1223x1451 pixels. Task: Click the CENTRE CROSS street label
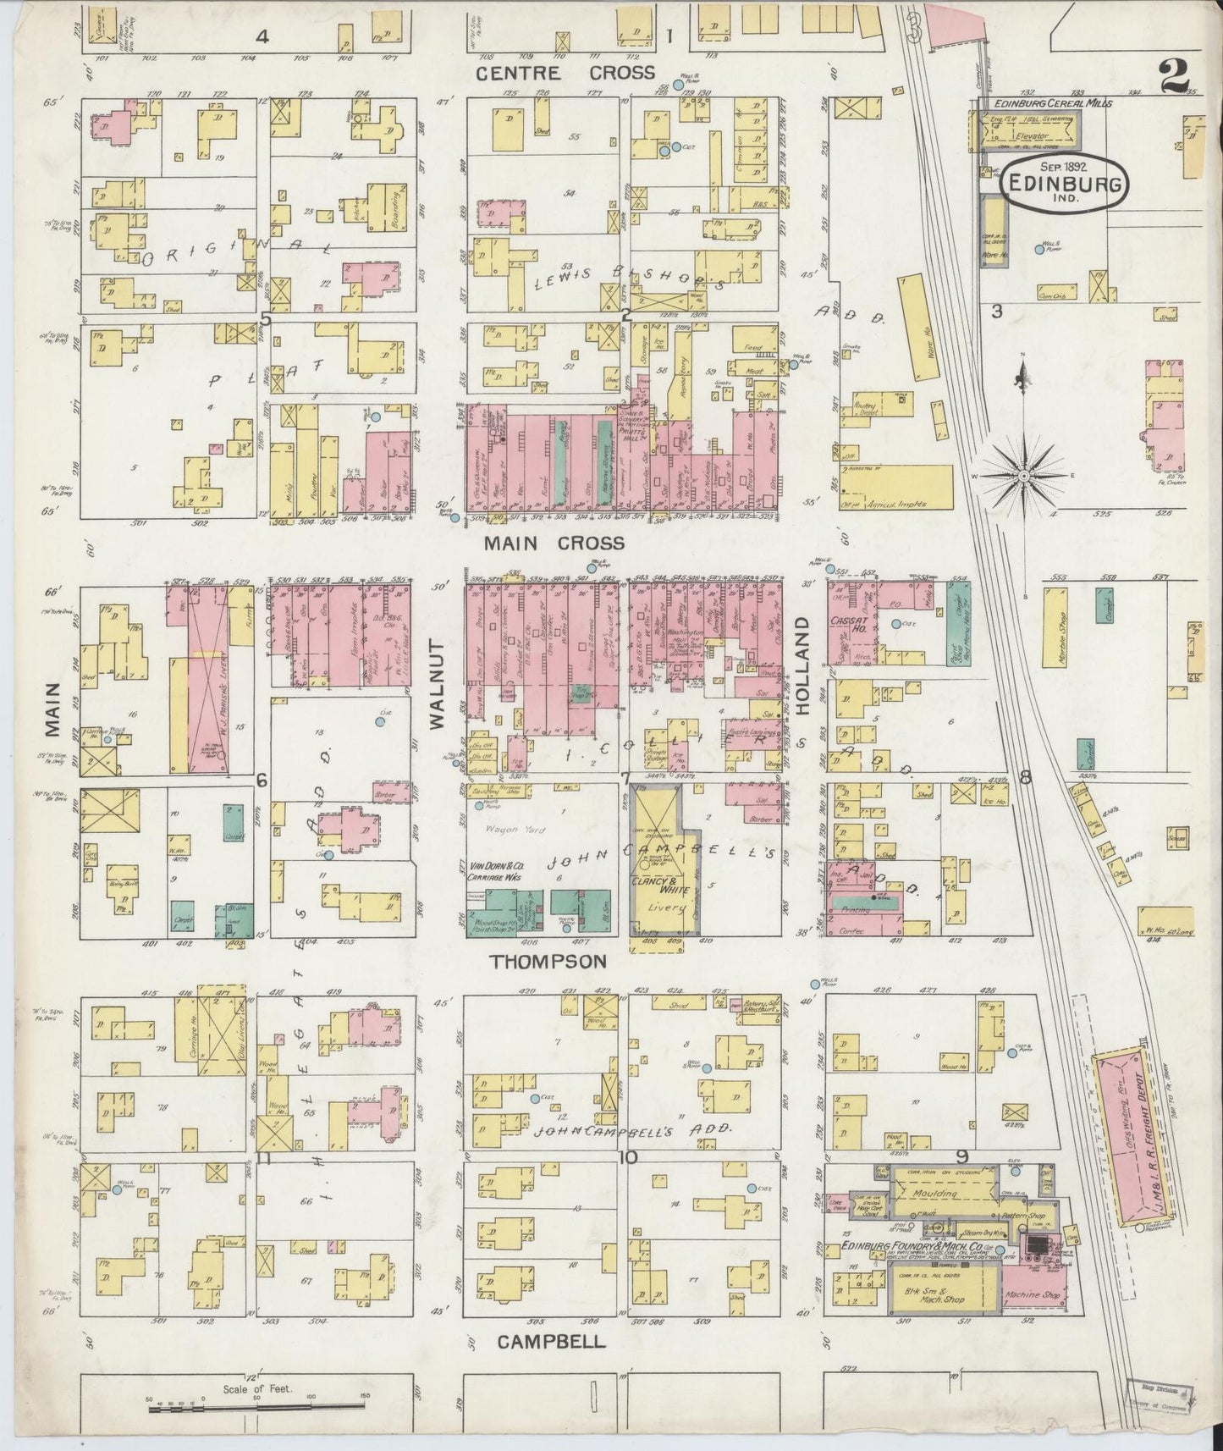[565, 73]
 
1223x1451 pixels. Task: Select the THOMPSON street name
[549, 961]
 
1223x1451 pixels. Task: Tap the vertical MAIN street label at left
[53, 709]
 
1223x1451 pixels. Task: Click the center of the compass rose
[1025, 476]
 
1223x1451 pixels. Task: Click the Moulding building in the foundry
[936, 1194]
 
